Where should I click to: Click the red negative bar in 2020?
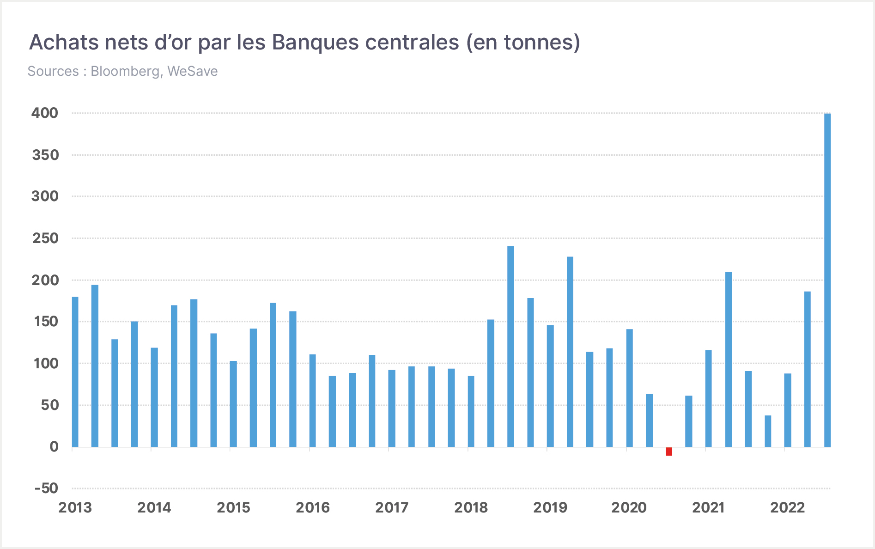coord(669,451)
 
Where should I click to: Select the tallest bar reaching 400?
coord(827,280)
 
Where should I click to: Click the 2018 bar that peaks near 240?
coord(510,346)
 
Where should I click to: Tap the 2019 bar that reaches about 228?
coord(570,352)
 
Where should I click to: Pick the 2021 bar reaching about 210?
coord(729,359)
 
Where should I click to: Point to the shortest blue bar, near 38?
coord(768,431)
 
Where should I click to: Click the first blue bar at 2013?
coord(75,372)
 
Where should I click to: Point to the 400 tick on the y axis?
coord(45,113)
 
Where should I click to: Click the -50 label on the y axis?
coord(47,488)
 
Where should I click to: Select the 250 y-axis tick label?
coord(45,238)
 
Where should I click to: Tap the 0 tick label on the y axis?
coord(54,446)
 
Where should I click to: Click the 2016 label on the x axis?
coord(313,507)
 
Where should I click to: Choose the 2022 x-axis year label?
coord(788,507)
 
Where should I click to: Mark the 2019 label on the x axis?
coord(550,507)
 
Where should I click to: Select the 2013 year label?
coord(75,507)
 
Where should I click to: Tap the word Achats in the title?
coord(64,42)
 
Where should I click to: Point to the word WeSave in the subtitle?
coord(192,71)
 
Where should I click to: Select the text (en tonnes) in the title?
coord(523,43)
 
